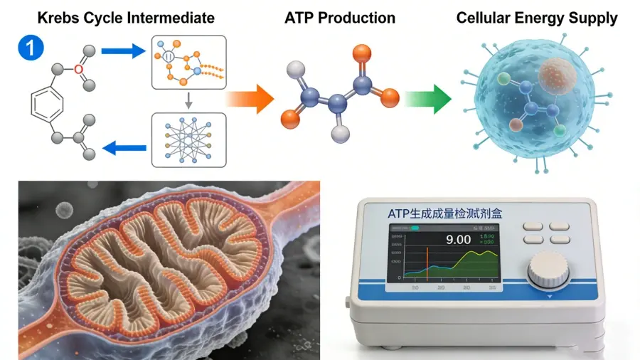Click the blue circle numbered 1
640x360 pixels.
pos(33,48)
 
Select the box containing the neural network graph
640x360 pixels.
pos(188,139)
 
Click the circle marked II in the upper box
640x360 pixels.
pos(169,57)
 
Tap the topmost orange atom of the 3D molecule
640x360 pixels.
pos(362,53)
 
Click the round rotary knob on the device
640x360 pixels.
pos(548,271)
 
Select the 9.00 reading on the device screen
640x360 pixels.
pos(458,239)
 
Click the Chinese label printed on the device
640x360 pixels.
pos(444,212)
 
